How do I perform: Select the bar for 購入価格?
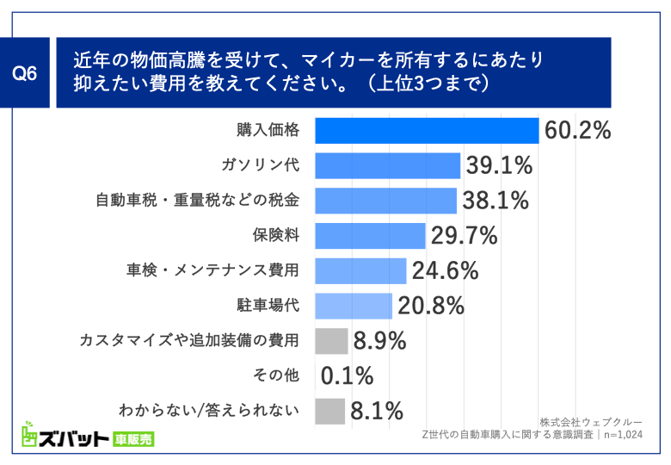(427, 130)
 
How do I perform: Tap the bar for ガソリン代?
(388, 165)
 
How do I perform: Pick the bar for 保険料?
(370, 235)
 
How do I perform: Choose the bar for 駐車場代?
(354, 305)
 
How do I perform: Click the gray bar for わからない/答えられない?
(330, 411)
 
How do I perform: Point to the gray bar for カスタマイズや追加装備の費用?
(331, 341)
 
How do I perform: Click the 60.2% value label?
(577, 130)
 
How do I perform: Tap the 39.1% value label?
(499, 165)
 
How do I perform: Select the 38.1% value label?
(495, 201)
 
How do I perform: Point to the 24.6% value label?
(445, 270)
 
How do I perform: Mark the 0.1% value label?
(347, 375)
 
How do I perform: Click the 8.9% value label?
(379, 341)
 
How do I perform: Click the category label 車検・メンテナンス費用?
(212, 270)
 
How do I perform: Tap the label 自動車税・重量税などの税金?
(197, 201)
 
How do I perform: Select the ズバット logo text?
(64, 437)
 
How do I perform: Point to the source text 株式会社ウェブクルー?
(591, 422)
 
